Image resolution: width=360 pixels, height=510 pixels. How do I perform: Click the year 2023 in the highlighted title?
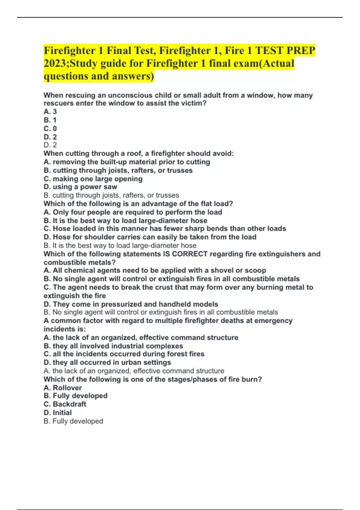pyautogui.click(x=55, y=64)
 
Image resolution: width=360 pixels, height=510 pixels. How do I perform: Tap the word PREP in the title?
pyautogui.click(x=301, y=51)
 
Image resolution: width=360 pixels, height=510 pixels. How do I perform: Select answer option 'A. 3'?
pyautogui.click(x=50, y=112)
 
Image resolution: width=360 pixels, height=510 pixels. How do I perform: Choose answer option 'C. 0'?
pyautogui.click(x=50, y=128)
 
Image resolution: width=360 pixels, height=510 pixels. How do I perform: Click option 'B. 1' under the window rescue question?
pyautogui.click(x=50, y=120)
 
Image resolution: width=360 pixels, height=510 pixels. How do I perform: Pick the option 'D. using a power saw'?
pyautogui.click(x=80, y=187)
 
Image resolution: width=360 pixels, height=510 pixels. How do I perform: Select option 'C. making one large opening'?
pyautogui.click(x=93, y=179)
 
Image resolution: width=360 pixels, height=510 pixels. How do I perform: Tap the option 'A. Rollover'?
pyautogui.click(x=62, y=388)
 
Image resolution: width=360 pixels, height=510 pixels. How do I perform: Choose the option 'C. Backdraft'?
pyautogui.click(x=65, y=404)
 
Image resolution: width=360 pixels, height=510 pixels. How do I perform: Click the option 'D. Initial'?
pyautogui.click(x=58, y=412)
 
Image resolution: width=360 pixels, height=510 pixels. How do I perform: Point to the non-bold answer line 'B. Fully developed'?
pyautogui.click(x=73, y=421)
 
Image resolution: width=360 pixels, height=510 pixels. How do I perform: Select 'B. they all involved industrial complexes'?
pyautogui.click(x=113, y=346)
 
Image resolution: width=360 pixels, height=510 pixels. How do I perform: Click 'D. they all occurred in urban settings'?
pyautogui.click(x=107, y=362)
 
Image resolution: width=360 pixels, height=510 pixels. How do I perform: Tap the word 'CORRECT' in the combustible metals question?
pyautogui.click(x=190, y=254)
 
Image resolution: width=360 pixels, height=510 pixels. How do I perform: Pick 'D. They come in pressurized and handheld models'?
pyautogui.click(x=131, y=304)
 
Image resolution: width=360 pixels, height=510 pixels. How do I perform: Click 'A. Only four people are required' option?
pyautogui.click(x=133, y=212)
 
